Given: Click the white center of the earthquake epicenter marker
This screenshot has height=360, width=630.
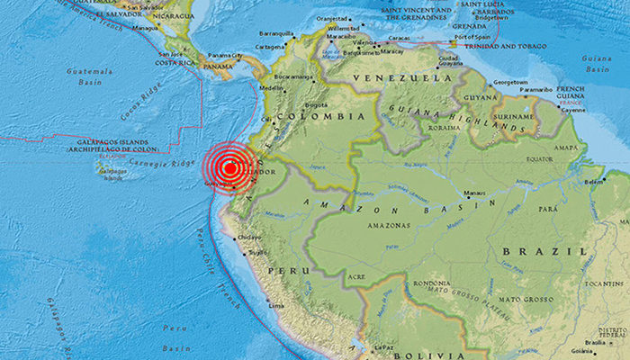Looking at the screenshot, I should [230, 167].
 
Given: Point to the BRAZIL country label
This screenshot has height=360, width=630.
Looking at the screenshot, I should [530, 251].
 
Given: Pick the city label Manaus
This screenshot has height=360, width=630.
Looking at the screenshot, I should [473, 193].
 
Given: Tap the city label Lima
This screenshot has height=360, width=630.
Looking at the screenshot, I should [276, 306].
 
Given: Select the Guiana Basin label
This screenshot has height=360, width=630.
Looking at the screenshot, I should [595, 62].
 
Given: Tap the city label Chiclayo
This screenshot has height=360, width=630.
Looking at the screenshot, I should [249, 238].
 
